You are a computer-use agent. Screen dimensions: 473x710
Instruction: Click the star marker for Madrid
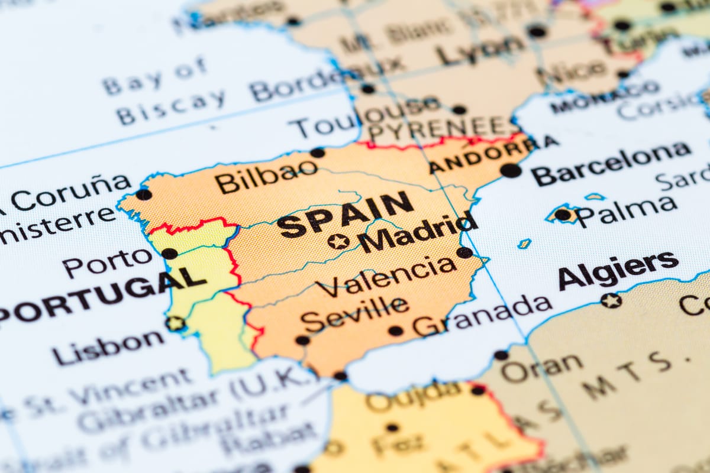click(x=338, y=241)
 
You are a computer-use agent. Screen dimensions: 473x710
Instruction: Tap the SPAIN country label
click(x=345, y=215)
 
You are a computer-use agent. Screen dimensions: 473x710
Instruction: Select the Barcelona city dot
click(x=511, y=170)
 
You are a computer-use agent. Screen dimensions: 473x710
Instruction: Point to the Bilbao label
click(x=266, y=176)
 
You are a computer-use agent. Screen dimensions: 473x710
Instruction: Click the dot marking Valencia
click(x=464, y=252)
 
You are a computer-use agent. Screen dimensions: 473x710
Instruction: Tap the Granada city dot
click(x=395, y=331)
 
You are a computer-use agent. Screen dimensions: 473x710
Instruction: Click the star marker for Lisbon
click(x=175, y=323)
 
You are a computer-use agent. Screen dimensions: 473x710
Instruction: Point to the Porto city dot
click(x=169, y=254)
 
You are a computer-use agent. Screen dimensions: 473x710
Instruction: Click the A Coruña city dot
click(x=143, y=194)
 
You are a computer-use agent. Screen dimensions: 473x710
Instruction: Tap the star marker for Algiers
click(x=611, y=300)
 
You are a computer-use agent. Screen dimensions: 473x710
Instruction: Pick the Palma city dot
click(x=563, y=215)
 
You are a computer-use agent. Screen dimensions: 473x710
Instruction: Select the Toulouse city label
click(x=367, y=117)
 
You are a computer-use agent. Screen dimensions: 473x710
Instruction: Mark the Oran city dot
click(x=501, y=355)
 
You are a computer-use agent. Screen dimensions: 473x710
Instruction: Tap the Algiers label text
click(x=618, y=270)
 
